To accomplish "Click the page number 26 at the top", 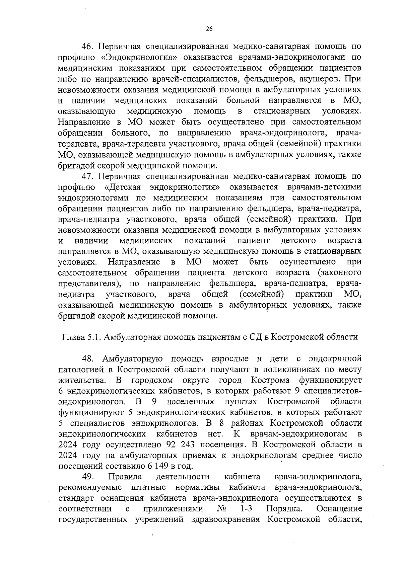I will coord(209,29).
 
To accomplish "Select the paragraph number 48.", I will coord(88,359).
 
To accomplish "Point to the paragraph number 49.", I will coord(88,477).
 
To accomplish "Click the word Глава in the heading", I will coord(72,337).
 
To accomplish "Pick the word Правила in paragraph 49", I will coord(125,477).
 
